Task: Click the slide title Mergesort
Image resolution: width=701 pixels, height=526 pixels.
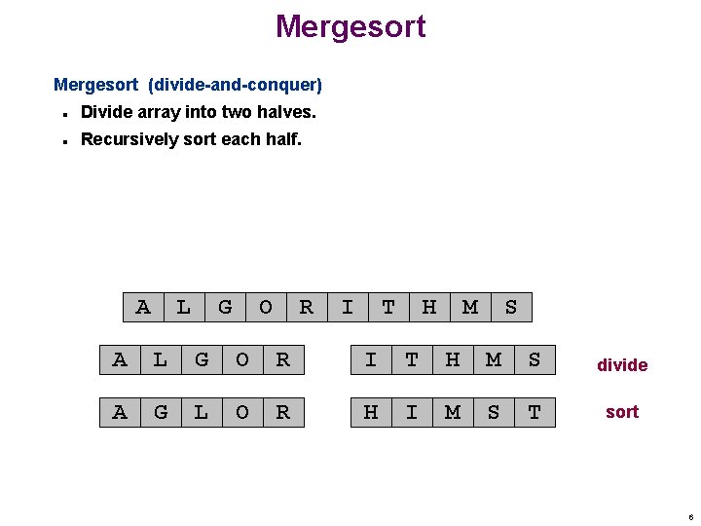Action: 350,26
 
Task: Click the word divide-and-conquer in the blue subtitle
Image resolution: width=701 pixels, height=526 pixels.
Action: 235,86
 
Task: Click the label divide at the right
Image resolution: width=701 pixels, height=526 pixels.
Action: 622,365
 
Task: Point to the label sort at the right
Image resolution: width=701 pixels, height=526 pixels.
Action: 622,412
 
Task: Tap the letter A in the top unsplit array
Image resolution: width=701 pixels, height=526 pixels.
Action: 143,308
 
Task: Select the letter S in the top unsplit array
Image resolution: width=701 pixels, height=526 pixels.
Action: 511,308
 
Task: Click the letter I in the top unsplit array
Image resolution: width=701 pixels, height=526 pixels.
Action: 348,308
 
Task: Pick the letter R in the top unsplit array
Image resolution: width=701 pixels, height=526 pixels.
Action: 307,308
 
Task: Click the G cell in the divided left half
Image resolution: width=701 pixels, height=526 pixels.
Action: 202,360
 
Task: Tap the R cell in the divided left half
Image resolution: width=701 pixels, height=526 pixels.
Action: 283,360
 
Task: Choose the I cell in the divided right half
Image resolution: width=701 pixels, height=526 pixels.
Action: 371,360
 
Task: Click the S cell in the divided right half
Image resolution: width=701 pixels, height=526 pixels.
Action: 535,360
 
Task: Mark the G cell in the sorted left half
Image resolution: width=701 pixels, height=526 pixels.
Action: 161,412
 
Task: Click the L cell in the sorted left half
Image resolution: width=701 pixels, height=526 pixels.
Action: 202,412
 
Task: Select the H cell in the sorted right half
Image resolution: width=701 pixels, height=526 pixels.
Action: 371,412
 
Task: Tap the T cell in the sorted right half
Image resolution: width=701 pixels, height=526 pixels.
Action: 535,412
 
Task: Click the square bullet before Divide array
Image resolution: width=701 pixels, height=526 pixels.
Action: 63,113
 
